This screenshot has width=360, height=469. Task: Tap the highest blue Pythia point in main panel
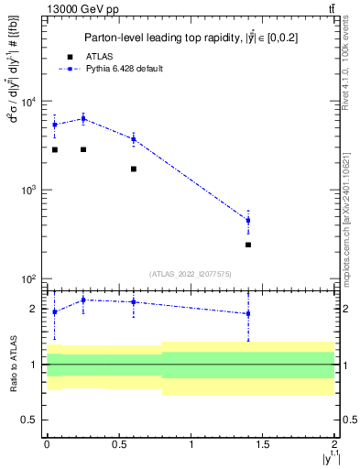click(x=83, y=118)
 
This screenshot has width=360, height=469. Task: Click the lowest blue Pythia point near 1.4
click(x=248, y=220)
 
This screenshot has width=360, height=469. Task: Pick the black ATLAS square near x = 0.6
click(x=134, y=169)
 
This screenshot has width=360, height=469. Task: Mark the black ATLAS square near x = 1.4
click(x=248, y=245)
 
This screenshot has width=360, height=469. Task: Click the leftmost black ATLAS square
click(x=55, y=149)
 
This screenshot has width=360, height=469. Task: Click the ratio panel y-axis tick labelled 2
click(x=34, y=309)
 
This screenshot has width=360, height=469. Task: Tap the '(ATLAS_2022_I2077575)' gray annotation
click(x=190, y=273)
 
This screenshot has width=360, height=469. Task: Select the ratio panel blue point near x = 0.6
click(x=134, y=301)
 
